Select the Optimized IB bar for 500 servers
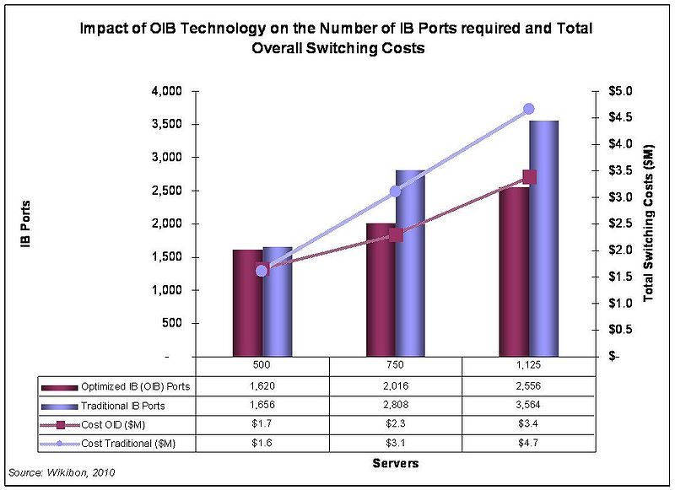click(247, 303)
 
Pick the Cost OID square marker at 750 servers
click(396, 235)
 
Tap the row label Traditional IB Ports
click(123, 405)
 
